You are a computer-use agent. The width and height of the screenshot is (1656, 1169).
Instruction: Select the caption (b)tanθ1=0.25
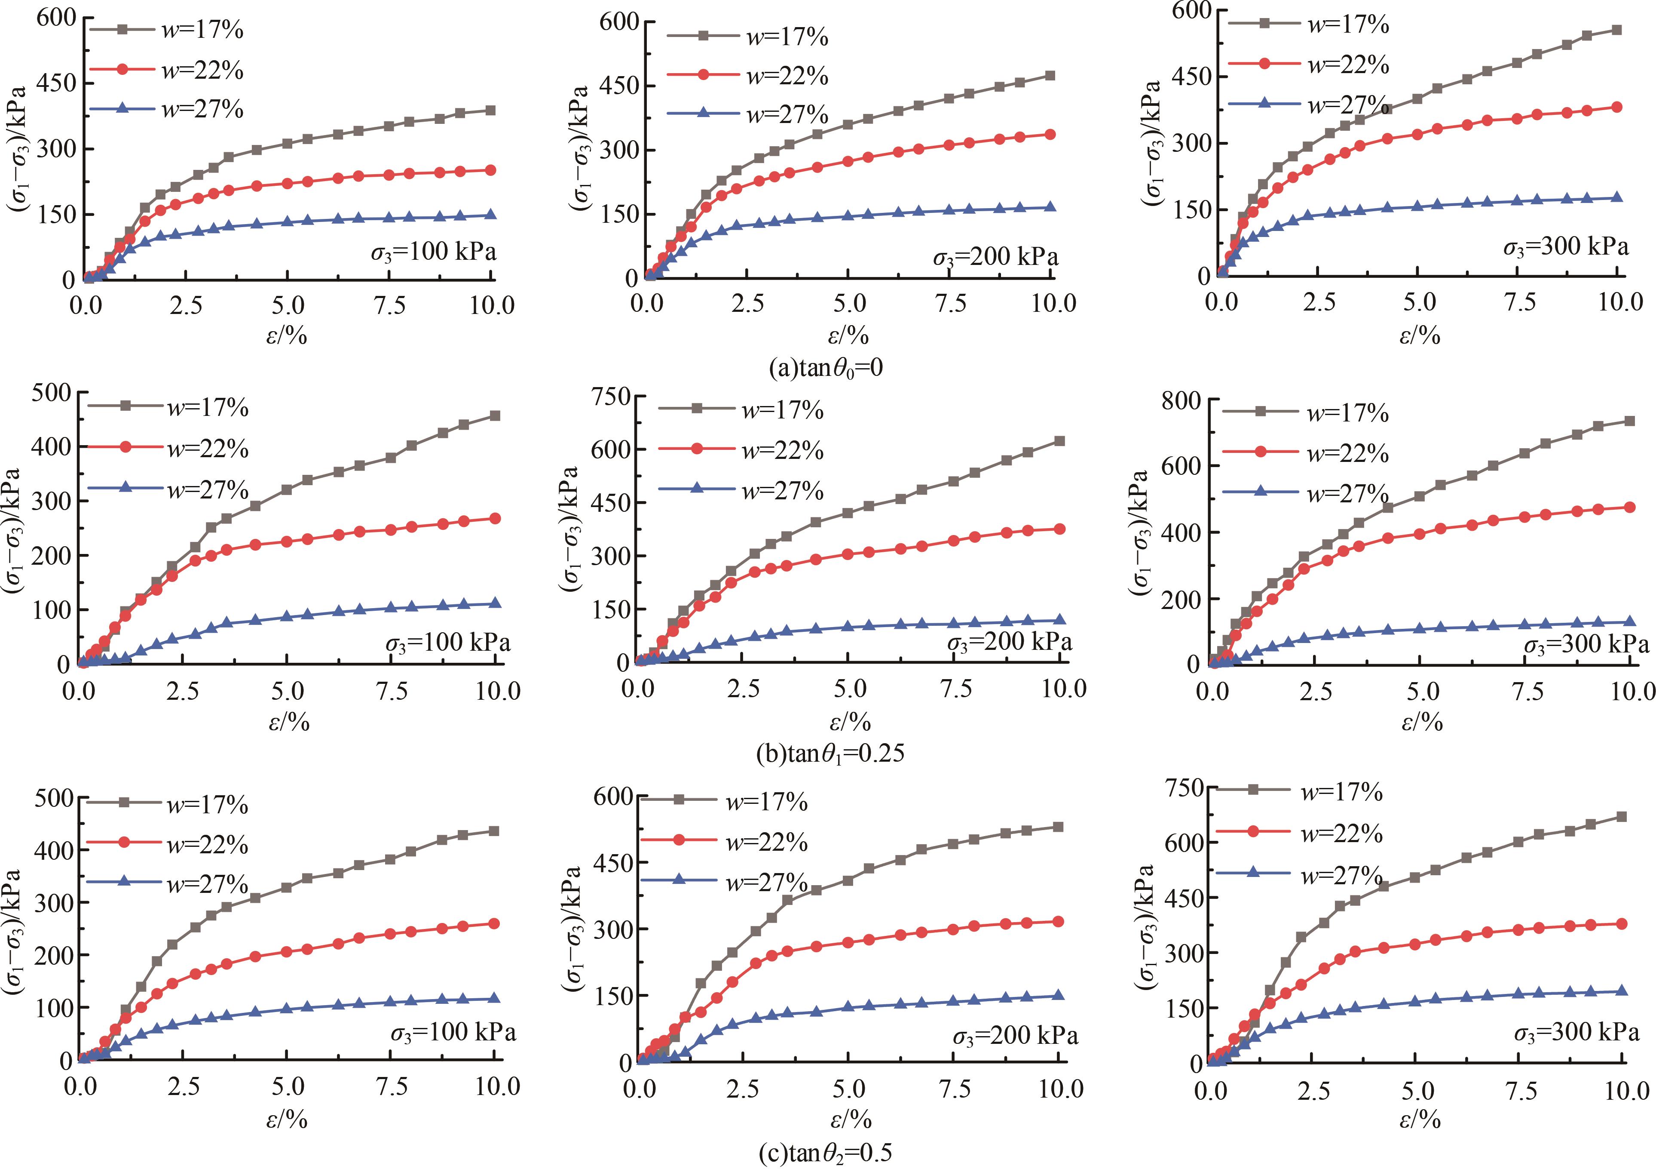(830, 754)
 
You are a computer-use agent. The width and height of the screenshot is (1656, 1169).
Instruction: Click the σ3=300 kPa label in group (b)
(1586, 644)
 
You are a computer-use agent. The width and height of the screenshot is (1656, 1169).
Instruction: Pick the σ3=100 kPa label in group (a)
(434, 252)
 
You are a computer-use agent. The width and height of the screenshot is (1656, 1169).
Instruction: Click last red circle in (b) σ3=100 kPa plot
(495, 518)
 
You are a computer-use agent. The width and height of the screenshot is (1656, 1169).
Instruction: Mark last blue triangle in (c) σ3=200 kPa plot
(1058, 995)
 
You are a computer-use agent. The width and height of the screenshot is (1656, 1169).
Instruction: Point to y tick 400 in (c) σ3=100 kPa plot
(53, 849)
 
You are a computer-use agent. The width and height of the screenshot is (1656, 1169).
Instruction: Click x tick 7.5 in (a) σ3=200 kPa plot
(951, 303)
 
